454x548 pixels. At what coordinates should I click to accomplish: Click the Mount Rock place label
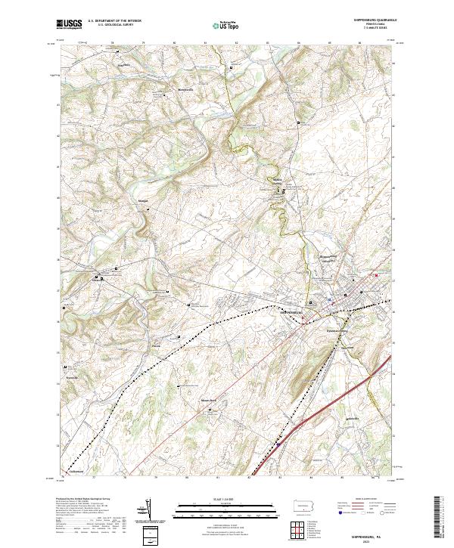pyautogui.click(x=208, y=401)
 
